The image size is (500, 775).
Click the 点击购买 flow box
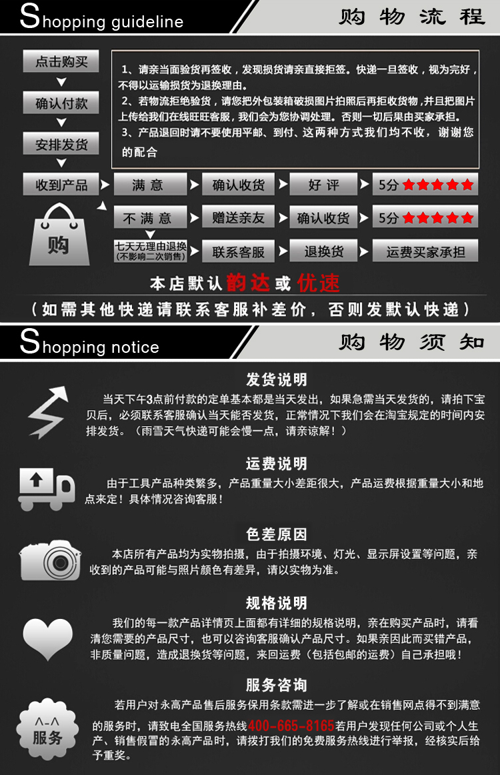click(61, 61)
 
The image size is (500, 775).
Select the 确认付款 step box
click(61, 103)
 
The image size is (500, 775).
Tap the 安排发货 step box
click(61, 144)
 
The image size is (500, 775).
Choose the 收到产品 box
click(61, 184)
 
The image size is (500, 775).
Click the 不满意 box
click(150, 217)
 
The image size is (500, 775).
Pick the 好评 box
click(323, 184)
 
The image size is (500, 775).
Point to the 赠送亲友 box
click(238, 217)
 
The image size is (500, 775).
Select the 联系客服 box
click(238, 251)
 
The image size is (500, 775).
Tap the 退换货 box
click(323, 251)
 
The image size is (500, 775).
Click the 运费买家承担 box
click(425, 251)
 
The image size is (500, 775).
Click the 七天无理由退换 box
click(151, 251)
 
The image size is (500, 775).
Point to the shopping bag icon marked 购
click(59, 234)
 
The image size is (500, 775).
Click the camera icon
click(50, 560)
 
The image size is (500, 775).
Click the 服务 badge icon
click(47, 728)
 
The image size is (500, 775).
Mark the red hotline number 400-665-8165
click(291, 726)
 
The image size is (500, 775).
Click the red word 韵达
click(248, 283)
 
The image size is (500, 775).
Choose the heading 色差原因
click(276, 534)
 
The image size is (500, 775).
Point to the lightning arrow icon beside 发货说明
click(48, 412)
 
